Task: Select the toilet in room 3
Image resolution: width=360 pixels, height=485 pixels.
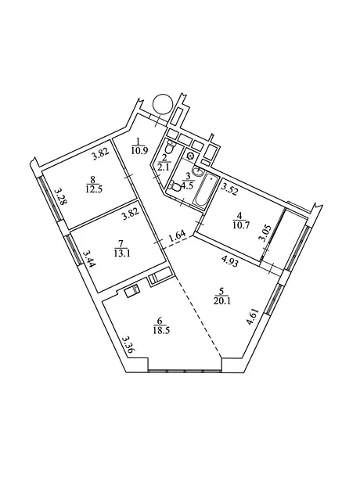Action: pyautogui.click(x=175, y=188)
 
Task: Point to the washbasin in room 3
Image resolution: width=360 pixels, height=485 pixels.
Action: pyautogui.click(x=196, y=171)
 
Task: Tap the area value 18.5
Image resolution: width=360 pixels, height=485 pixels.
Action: pyautogui.click(x=161, y=330)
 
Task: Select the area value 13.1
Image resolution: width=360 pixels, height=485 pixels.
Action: pyautogui.click(x=121, y=253)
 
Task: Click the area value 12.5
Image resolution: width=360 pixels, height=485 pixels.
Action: pyautogui.click(x=94, y=189)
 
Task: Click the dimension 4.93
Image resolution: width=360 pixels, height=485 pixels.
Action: pyautogui.click(x=230, y=264)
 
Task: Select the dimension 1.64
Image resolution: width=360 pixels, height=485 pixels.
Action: pyautogui.click(x=177, y=236)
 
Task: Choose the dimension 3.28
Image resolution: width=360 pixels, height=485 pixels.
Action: pyautogui.click(x=60, y=196)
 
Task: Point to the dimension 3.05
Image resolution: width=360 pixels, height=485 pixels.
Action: pyautogui.click(x=264, y=234)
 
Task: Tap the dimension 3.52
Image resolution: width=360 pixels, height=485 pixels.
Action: pyautogui.click(x=229, y=188)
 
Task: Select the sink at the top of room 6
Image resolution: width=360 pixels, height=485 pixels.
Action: pyautogui.click(x=132, y=291)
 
